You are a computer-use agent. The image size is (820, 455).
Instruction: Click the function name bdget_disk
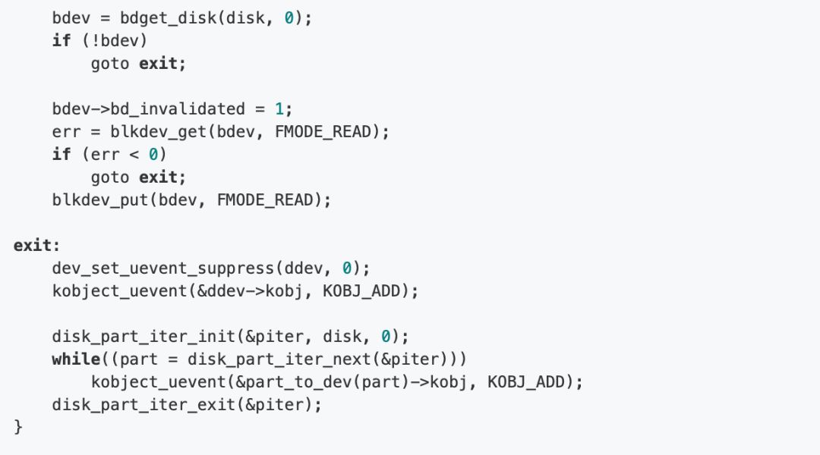click(169, 17)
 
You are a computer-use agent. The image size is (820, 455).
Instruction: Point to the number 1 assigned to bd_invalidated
click(278, 108)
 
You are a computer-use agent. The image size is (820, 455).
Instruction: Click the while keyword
click(76, 359)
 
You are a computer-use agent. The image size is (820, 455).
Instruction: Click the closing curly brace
click(18, 427)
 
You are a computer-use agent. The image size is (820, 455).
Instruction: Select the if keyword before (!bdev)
click(61, 40)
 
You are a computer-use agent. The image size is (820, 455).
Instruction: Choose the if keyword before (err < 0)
click(61, 154)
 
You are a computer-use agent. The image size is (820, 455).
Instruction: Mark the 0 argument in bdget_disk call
click(289, 17)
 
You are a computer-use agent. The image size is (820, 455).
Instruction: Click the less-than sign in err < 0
click(135, 154)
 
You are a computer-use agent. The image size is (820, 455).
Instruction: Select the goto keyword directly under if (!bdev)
click(110, 63)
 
